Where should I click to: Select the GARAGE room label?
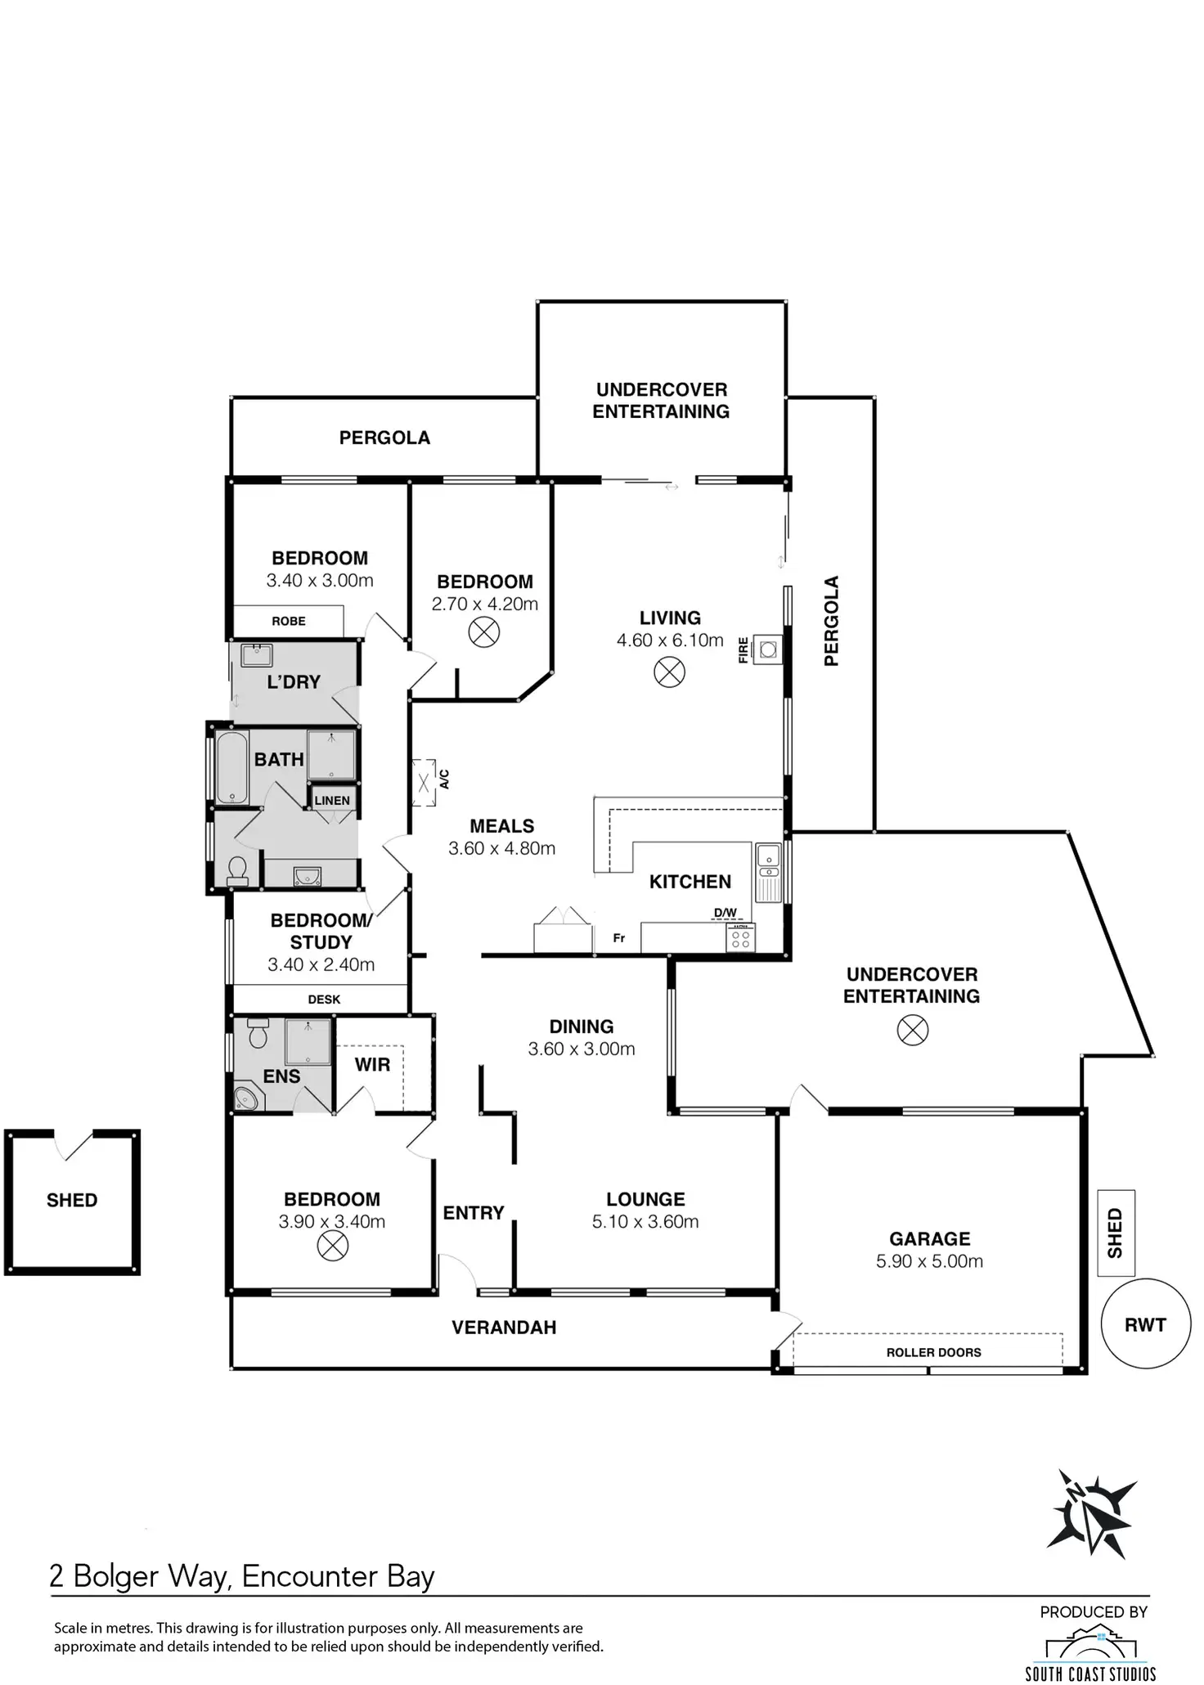point(930,1238)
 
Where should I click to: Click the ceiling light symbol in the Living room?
point(670,672)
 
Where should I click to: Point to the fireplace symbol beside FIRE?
point(767,650)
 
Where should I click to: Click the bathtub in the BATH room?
point(231,767)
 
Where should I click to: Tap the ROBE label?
point(289,621)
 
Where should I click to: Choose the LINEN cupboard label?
point(332,800)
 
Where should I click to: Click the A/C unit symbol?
point(424,783)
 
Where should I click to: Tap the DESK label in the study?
point(324,999)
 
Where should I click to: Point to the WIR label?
point(372,1064)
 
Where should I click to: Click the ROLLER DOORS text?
point(934,1352)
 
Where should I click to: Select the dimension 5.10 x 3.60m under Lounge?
point(645,1221)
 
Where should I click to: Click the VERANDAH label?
point(504,1327)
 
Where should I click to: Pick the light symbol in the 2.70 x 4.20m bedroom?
point(484,632)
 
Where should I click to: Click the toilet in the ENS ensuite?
point(258,1033)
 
